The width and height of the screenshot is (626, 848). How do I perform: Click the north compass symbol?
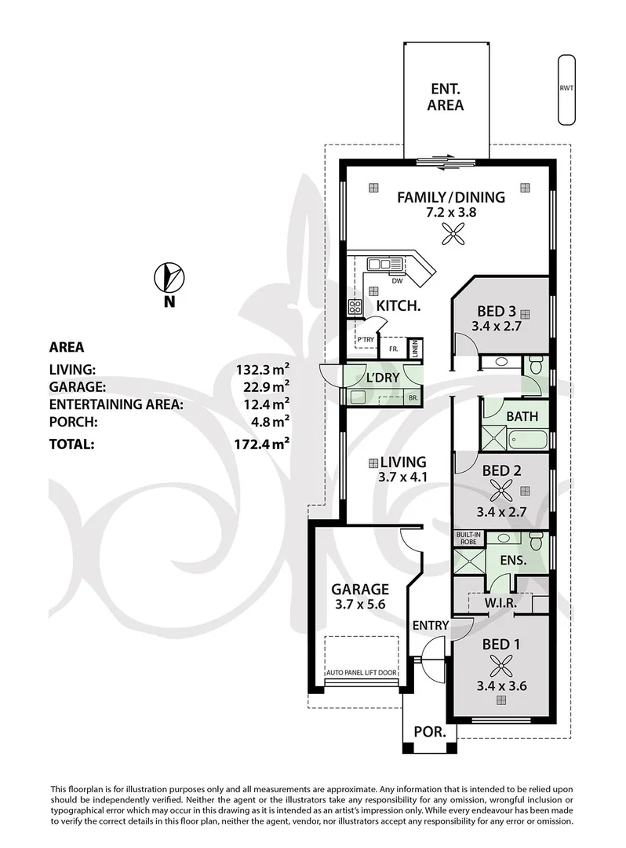[169, 277]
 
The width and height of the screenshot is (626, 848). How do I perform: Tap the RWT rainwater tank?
[566, 90]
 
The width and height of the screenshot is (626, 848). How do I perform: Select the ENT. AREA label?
[446, 97]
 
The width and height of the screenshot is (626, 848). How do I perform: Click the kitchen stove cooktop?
[355, 307]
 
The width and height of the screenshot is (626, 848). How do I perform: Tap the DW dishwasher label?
[397, 280]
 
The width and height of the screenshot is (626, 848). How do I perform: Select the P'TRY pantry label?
[365, 340]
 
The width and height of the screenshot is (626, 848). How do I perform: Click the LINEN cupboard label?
[415, 349]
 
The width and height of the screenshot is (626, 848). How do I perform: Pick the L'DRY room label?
[382, 378]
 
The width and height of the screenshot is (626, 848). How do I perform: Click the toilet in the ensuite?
[537, 540]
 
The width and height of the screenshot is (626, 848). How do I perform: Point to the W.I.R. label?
[500, 603]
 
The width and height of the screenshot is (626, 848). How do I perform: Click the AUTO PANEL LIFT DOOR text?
[362, 673]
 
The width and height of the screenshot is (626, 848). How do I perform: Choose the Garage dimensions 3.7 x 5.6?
[360, 604]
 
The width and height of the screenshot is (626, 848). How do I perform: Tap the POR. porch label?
[430, 732]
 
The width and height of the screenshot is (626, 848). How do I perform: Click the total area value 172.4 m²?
[262, 444]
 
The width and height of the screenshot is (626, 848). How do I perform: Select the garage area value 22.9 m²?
[263, 386]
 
